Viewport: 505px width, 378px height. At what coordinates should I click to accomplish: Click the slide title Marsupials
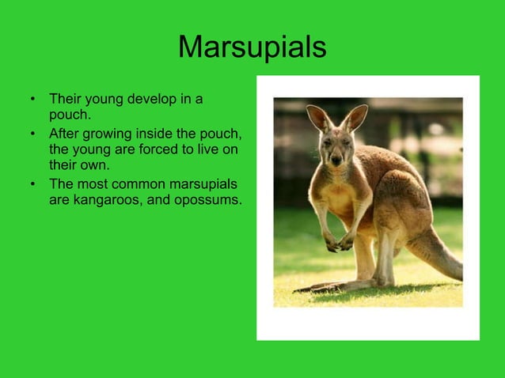click(252, 47)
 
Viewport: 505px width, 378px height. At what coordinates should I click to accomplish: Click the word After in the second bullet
click(64, 133)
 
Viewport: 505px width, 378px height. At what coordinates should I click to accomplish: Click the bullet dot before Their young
click(32, 100)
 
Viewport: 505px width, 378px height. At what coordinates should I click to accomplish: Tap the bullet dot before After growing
click(32, 134)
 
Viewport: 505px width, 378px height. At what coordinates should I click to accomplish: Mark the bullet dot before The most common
click(32, 184)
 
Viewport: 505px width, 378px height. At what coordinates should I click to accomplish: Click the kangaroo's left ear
click(319, 118)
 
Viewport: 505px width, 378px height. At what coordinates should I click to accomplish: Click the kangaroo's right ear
click(355, 117)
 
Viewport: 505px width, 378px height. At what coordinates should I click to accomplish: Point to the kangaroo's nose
click(336, 159)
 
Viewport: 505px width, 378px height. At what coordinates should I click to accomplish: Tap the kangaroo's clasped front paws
click(340, 243)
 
